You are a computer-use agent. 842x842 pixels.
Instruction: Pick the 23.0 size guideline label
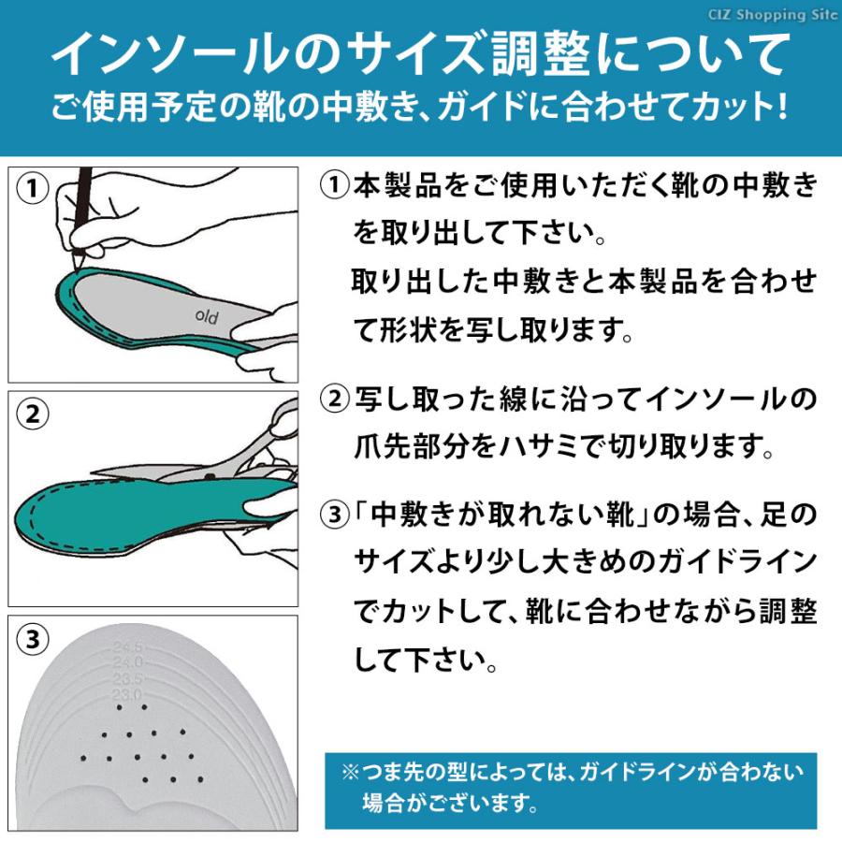click(125, 695)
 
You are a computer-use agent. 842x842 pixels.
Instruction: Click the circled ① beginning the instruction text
click(333, 185)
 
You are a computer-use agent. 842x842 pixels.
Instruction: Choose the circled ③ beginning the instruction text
click(333, 515)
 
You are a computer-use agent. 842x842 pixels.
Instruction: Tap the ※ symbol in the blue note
click(350, 773)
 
